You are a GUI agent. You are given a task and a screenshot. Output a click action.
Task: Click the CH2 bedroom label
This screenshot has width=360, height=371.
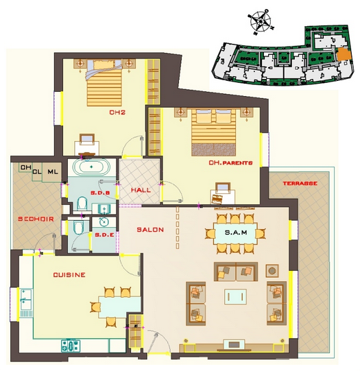[117, 112]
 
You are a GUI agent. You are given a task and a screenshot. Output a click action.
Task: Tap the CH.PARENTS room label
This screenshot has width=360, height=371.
[230, 163]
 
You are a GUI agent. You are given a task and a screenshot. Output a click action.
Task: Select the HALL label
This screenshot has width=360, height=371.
[141, 190]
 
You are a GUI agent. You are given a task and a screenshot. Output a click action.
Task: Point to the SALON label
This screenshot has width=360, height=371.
[150, 230]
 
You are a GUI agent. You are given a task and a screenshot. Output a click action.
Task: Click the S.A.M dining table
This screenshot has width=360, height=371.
[235, 233]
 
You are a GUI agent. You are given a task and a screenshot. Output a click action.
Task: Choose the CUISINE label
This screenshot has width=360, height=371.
[69, 275]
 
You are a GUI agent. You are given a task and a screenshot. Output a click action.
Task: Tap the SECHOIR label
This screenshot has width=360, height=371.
[36, 219]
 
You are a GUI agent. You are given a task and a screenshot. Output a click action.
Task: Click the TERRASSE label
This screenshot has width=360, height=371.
[300, 183]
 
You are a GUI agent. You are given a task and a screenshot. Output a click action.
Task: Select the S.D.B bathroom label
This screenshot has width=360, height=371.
[100, 193]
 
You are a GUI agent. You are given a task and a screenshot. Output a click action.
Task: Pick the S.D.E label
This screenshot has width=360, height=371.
[104, 235]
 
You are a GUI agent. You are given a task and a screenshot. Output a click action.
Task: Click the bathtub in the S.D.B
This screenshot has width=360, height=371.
[91, 167]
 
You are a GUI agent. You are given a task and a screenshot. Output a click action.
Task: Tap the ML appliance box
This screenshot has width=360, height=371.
[52, 172]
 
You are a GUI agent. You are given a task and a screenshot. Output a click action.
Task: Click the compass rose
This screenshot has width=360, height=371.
[261, 22]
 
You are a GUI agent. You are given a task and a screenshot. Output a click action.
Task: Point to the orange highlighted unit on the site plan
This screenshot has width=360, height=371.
[344, 54]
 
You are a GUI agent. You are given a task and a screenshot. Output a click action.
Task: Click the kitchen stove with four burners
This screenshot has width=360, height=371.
[71, 346]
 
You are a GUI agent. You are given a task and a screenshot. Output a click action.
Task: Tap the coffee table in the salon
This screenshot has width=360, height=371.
[235, 296]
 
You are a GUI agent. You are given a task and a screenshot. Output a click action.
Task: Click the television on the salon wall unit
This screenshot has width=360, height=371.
[234, 344]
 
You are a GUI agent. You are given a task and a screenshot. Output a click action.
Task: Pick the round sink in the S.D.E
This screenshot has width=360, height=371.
[104, 222]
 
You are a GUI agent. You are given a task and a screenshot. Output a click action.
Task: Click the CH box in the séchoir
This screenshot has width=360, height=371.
[26, 167]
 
